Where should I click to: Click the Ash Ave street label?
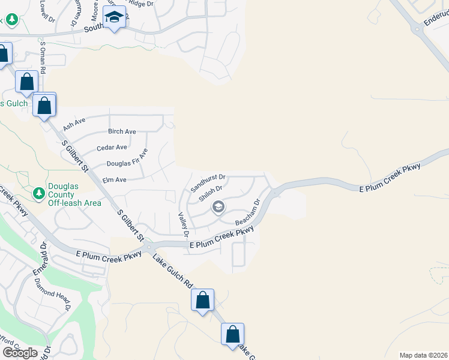coord(74,125)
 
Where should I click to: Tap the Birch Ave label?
coord(122,131)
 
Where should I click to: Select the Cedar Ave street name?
coord(113,147)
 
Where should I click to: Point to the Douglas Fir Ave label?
coord(127,162)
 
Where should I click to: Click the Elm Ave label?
coord(114,179)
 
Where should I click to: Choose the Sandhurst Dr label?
coord(208,182)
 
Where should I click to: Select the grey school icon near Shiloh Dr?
coord(218,208)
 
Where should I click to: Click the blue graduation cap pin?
coord(113,17)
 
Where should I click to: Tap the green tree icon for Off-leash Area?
coord(39,193)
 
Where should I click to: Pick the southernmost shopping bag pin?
coord(232,334)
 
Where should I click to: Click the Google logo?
coord(20,352)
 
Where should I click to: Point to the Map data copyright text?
coord(423,355)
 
